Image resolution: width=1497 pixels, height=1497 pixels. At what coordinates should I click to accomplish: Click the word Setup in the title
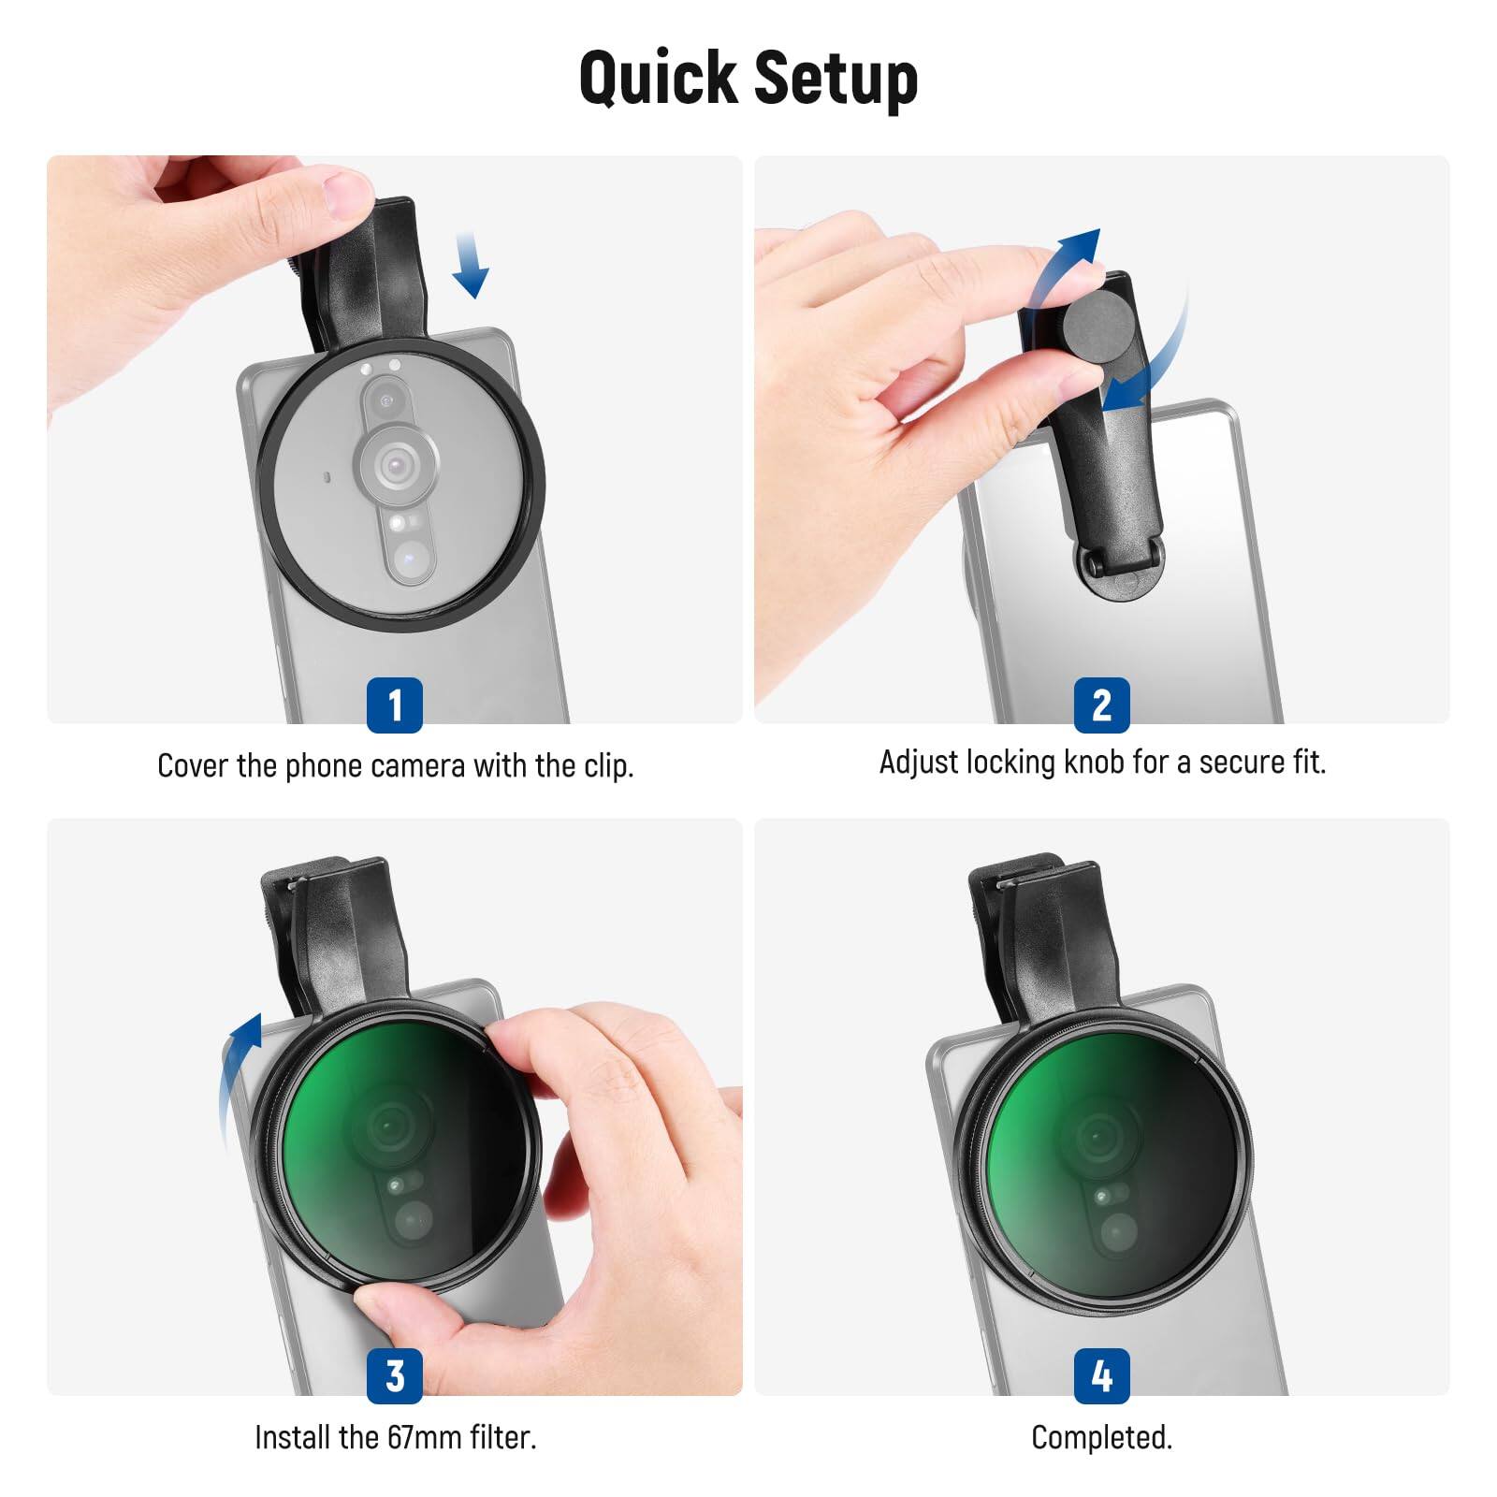(835, 79)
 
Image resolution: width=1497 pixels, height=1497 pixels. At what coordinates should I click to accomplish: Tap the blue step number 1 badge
(394, 705)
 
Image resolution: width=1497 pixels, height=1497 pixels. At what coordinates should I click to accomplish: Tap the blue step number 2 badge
(1101, 705)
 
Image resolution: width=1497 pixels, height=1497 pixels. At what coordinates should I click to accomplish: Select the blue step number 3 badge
(394, 1375)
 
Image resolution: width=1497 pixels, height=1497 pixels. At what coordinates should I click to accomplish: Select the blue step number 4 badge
(1101, 1375)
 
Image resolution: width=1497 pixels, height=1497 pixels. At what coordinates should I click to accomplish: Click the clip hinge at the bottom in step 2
(1121, 567)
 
